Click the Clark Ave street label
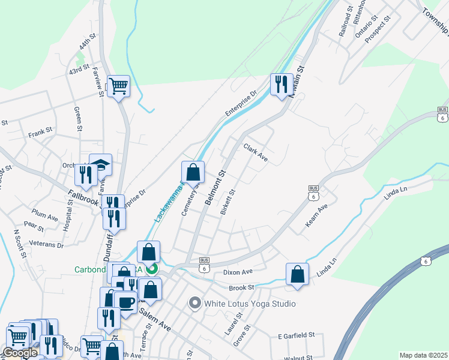pos(255,152)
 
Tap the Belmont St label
pos(214,187)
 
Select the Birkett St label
pos(228,202)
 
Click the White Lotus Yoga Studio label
pos(250,304)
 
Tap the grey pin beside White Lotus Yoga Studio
pos(194,304)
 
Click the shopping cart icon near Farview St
pos(118,86)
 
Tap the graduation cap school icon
pos(101,164)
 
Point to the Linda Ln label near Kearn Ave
pos(396,191)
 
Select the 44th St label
pos(88,43)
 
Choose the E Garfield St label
pos(297,335)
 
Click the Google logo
pos(20,353)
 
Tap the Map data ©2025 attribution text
pos(423,355)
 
